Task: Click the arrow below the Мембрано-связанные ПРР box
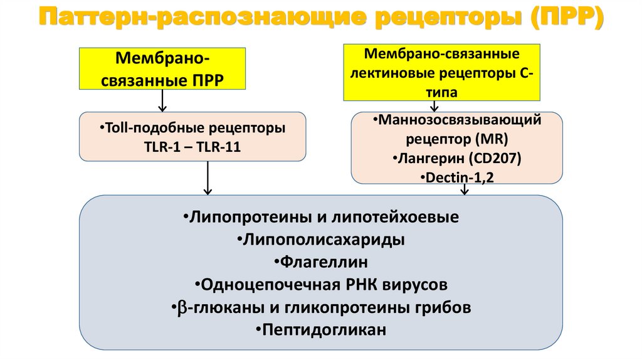(162, 100)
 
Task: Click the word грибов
(442, 307)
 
